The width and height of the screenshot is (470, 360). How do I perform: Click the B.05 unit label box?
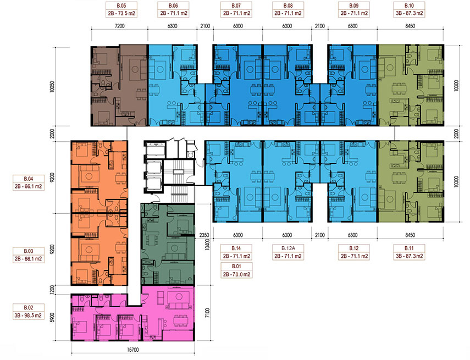[121, 9]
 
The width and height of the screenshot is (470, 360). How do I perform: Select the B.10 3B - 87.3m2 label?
[409, 9]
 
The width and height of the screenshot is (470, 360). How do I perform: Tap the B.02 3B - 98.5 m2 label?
[29, 312]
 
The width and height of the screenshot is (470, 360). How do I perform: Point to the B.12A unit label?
[288, 252]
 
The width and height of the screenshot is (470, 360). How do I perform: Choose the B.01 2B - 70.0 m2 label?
[236, 270]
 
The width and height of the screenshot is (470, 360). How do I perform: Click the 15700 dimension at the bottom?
[133, 350]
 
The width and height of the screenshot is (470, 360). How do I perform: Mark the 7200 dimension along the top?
[120, 26]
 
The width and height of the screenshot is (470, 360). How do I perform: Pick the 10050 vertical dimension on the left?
[53, 86]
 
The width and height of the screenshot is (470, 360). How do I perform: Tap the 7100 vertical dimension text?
[208, 313]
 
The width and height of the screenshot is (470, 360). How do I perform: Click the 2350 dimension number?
[204, 235]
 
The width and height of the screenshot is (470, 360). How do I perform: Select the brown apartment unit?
[119, 85]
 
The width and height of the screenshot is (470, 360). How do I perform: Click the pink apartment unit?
[133, 313]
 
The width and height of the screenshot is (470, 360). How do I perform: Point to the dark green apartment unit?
[168, 244]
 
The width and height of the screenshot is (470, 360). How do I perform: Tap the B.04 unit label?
[29, 182]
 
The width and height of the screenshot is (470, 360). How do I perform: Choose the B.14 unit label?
[236, 252]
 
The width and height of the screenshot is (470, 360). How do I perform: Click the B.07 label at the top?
[236, 9]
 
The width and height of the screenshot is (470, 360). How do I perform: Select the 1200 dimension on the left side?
[53, 290]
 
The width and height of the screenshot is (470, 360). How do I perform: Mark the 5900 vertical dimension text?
[53, 318]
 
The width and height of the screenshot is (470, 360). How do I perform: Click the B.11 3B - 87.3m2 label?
[409, 252]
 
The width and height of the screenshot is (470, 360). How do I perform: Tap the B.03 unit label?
[29, 255]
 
